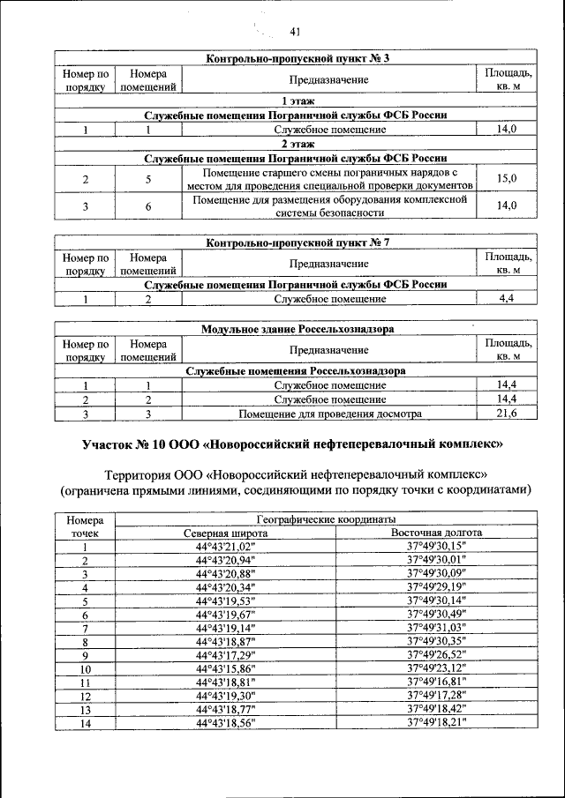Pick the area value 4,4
point(507,299)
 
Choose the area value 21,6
point(507,413)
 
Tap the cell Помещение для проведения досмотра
point(330,413)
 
